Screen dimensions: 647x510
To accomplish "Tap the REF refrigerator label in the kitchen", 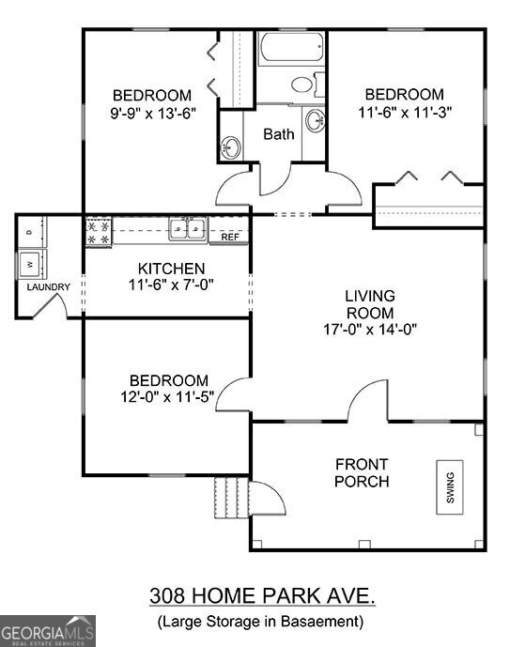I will click(230, 238).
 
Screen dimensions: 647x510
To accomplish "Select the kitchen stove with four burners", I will click(98, 231).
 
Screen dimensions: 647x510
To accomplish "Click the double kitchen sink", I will click(188, 228).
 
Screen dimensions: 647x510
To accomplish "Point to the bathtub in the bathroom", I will click(291, 49).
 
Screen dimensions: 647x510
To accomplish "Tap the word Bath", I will click(278, 134).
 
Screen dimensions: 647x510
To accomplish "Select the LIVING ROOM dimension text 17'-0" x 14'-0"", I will click(371, 329).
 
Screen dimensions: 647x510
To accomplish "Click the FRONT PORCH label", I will click(363, 473).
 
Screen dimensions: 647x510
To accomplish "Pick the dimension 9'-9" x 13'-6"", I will click(152, 112).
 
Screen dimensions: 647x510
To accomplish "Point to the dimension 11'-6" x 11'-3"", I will click(404, 111).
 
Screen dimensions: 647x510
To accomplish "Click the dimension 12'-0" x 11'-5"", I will click(169, 396).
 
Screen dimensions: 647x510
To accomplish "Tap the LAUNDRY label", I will click(48, 287).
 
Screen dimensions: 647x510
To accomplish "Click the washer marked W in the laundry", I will click(30, 262).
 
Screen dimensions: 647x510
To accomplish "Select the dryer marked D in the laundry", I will click(30, 231).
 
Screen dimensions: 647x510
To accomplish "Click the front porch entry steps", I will click(232, 497).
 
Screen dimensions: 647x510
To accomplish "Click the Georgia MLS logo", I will click(47, 630).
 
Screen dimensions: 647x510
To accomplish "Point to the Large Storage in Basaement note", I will click(259, 622).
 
